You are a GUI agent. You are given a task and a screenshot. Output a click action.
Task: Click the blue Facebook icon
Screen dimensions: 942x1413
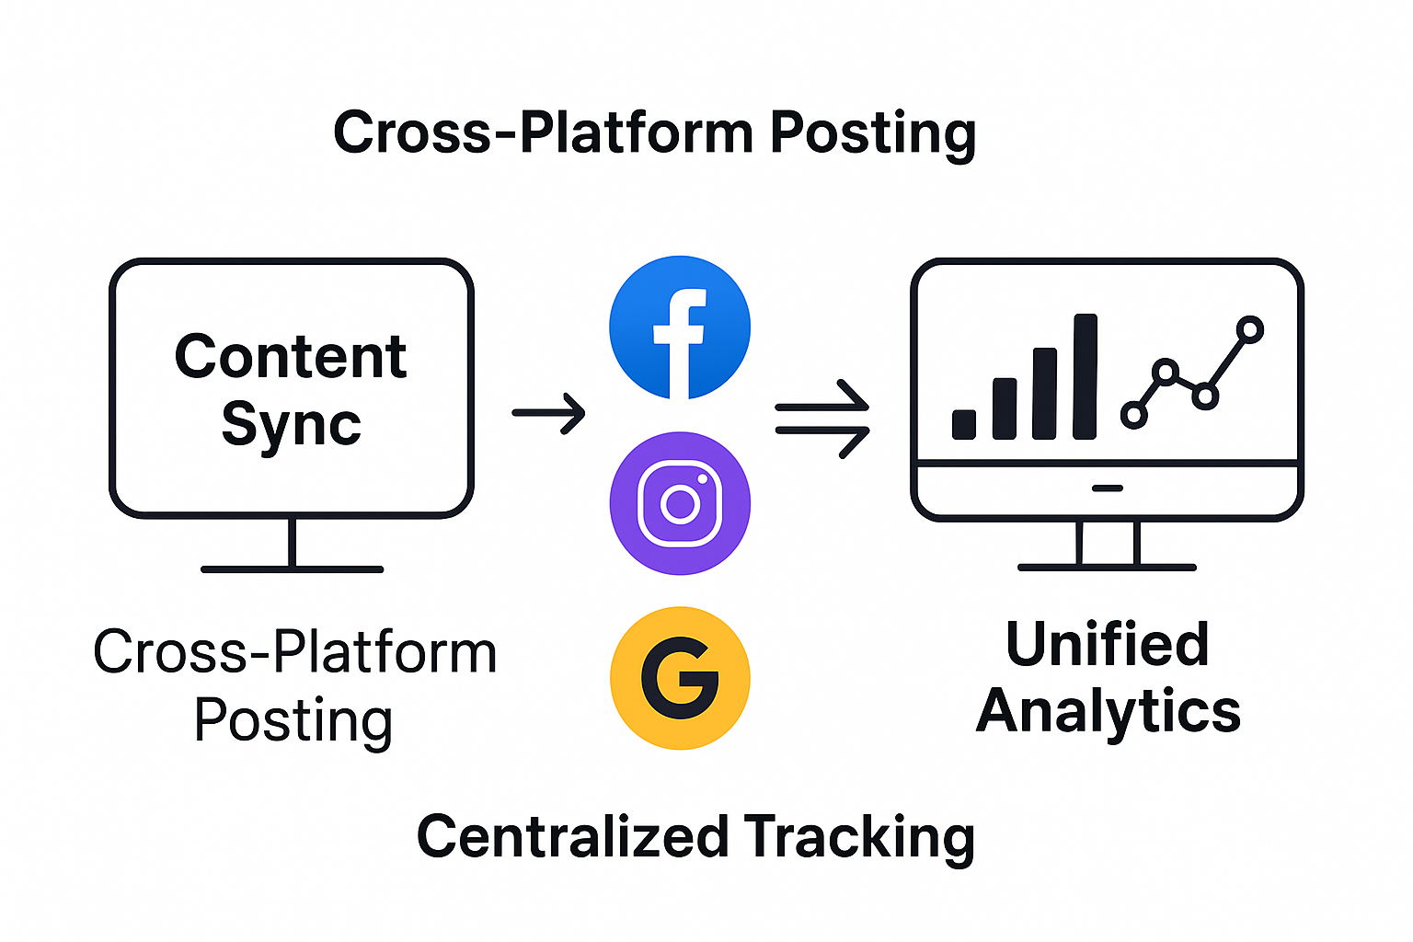pos(680,327)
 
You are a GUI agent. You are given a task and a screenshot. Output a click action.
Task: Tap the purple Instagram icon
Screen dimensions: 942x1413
pos(680,503)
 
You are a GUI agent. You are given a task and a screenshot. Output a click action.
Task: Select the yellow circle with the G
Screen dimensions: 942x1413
pos(680,678)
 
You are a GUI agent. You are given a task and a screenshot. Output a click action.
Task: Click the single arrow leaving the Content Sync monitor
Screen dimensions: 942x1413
pos(548,413)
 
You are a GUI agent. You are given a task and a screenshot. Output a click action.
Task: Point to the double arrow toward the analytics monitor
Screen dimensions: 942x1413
pos(822,419)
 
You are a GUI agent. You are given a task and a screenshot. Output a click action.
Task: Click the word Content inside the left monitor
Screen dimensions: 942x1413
pos(291,357)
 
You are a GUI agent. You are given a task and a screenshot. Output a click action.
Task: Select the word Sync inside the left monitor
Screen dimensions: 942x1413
pos(291,425)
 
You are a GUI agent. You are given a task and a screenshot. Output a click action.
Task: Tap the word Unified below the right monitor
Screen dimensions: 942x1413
pos(1107,644)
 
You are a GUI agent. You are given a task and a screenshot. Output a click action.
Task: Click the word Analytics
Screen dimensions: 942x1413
pos(1109,712)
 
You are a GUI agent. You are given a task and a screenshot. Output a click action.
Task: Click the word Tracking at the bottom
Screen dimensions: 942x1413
pos(859,837)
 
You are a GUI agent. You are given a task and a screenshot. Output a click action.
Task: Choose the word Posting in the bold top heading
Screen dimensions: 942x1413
pos(872,133)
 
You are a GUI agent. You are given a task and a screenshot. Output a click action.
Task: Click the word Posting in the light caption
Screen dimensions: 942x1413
pos(293,720)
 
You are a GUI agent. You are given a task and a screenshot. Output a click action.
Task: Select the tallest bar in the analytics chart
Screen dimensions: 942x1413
pos(1086,376)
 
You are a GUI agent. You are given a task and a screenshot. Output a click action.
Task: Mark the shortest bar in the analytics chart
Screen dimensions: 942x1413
pos(964,424)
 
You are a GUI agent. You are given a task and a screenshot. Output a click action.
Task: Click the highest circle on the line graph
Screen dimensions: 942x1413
pos(1250,329)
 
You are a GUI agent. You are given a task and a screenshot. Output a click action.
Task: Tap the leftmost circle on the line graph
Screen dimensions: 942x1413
pos(1134,415)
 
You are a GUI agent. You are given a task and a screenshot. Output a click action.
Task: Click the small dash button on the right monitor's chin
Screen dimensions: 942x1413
pos(1107,488)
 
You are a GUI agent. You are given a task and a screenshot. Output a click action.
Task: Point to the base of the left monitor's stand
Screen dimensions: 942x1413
pos(292,569)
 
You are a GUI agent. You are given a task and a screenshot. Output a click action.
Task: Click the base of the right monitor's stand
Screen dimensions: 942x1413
pos(1107,567)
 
